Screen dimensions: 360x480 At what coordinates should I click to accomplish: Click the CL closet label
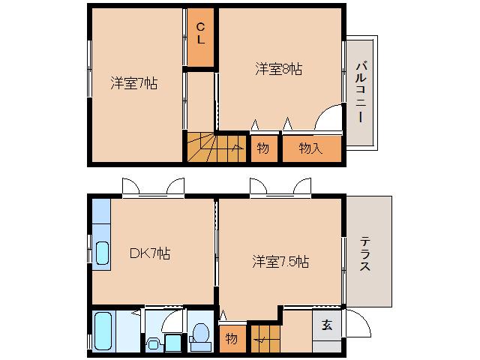[x=201, y=34]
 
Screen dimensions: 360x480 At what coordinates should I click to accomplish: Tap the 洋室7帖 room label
[x=134, y=82]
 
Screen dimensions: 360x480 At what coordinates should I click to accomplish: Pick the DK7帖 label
[x=150, y=253]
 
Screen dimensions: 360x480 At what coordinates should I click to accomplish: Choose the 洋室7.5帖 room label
[x=280, y=262]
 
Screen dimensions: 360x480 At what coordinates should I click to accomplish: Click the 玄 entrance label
[x=327, y=325]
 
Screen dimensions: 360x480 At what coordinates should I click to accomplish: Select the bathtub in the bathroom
[x=104, y=331]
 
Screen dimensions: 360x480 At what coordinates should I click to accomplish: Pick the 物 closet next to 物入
[x=263, y=148]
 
